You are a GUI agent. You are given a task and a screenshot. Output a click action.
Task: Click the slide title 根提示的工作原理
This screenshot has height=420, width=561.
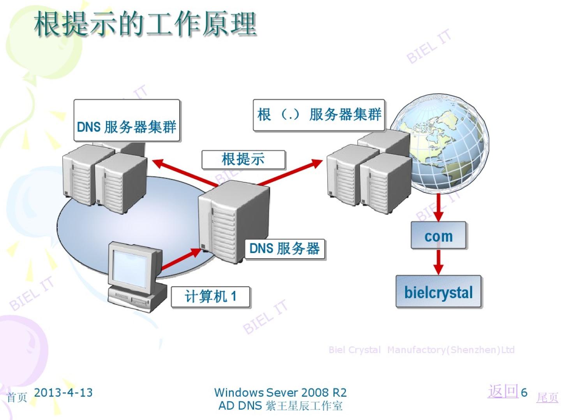click(145, 24)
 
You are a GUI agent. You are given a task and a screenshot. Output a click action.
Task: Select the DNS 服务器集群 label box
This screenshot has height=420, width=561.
click(127, 121)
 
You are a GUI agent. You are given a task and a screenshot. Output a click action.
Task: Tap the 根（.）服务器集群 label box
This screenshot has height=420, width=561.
click(319, 115)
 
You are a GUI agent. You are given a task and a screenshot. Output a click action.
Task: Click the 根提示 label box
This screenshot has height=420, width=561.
click(243, 159)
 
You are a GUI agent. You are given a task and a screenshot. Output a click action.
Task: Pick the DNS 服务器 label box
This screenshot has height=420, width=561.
click(285, 249)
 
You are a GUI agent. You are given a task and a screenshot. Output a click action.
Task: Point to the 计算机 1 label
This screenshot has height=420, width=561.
click(210, 297)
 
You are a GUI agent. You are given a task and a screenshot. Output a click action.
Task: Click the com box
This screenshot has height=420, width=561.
click(439, 236)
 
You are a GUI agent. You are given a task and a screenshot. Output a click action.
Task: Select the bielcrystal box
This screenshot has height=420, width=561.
click(439, 292)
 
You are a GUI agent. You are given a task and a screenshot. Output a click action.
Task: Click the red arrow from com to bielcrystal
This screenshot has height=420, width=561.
click(439, 262)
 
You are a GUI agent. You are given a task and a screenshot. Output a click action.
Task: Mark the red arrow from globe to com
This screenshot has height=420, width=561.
click(439, 207)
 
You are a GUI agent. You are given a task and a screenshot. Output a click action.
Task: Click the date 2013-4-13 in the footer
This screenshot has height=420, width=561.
click(64, 392)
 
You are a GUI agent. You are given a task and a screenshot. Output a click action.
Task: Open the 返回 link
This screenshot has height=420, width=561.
click(503, 391)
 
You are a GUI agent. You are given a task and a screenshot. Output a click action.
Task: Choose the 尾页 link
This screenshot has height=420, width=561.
click(547, 397)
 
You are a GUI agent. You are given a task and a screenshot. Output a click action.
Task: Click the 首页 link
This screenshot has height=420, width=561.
click(17, 397)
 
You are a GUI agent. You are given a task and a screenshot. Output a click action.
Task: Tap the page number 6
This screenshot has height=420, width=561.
click(524, 392)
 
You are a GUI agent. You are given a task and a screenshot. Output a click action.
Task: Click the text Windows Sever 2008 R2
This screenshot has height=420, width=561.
click(280, 392)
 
